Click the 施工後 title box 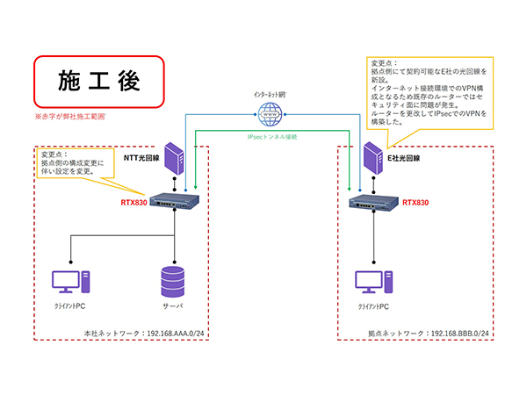point(99,81)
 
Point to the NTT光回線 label point(140,158)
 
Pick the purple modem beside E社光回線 point(372,157)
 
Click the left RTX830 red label point(134,202)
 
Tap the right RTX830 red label point(416,202)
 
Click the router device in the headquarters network point(176,203)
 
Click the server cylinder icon point(174,281)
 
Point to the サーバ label point(174,309)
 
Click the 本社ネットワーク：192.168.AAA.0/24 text point(144,334)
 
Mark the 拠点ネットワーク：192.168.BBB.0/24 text point(430,334)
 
